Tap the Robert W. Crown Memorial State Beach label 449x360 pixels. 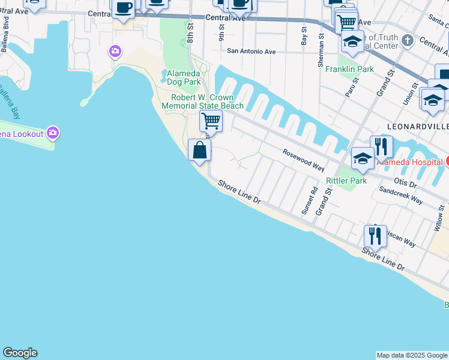(x=203, y=101)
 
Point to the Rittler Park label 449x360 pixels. (x=346, y=181)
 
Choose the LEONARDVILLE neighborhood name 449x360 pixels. (x=418, y=127)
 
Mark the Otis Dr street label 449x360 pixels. (x=405, y=179)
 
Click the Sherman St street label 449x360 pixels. (x=322, y=44)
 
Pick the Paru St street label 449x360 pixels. (x=351, y=87)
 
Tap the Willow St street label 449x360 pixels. (x=438, y=220)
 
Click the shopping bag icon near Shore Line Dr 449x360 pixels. (x=199, y=150)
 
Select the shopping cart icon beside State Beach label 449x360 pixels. (x=211, y=121)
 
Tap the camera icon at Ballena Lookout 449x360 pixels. (x=53, y=132)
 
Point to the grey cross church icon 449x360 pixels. (x=408, y=41)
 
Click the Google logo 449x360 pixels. (x=20, y=353)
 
